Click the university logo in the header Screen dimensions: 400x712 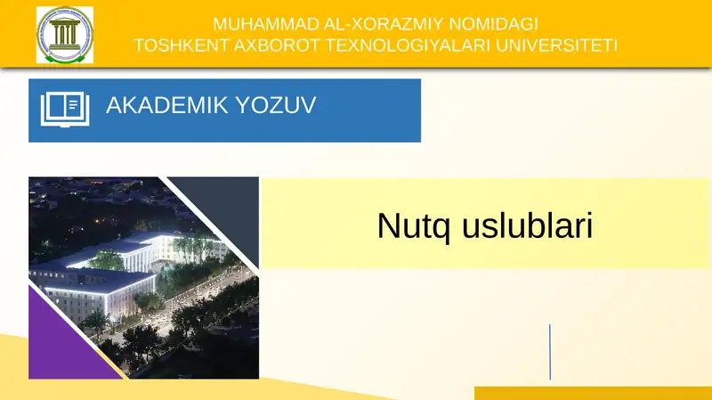click(x=64, y=35)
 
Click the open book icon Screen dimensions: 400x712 click(x=66, y=109)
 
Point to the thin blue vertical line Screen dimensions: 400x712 click(x=549, y=352)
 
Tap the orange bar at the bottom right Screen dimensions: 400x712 click(x=592, y=393)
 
